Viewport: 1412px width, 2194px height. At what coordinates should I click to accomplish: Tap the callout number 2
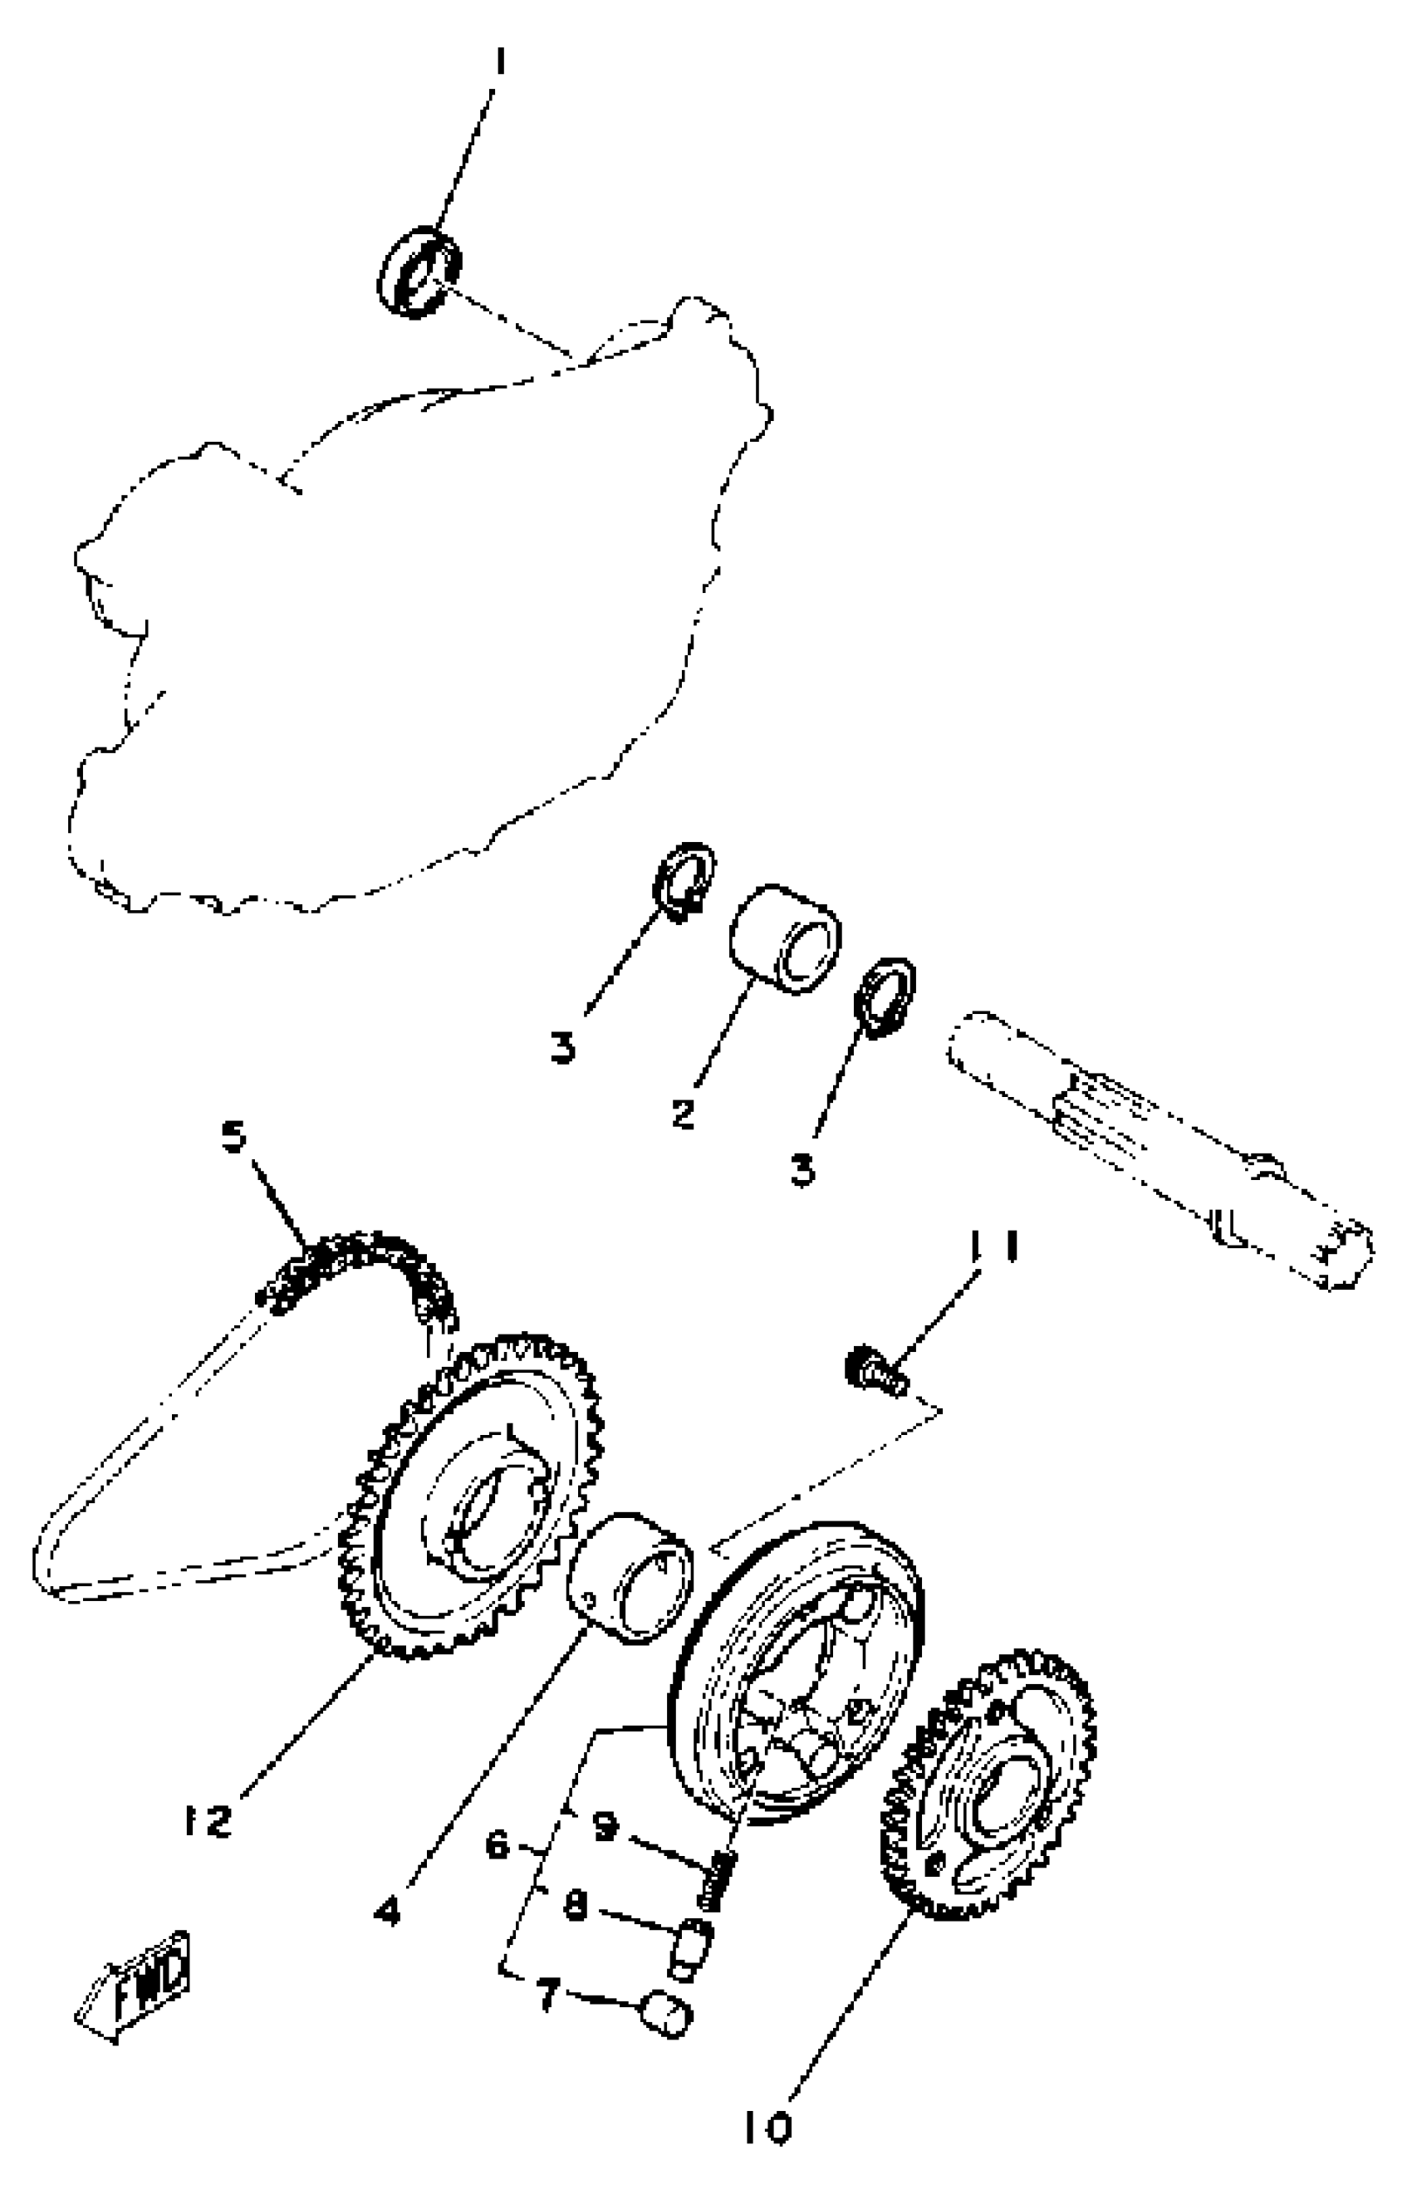click(x=683, y=1114)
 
